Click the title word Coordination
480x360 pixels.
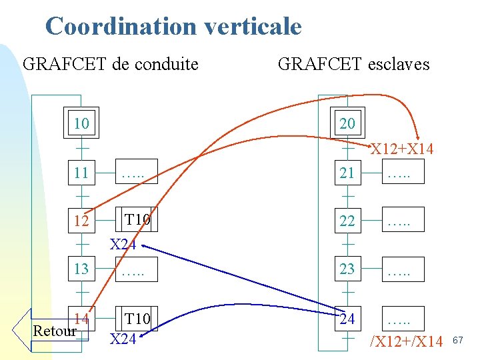click(x=121, y=27)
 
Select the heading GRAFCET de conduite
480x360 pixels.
click(x=111, y=65)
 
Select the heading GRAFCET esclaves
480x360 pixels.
click(x=353, y=65)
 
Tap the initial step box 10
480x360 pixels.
click(x=81, y=123)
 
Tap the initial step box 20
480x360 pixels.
click(x=347, y=123)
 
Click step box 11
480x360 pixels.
click(x=81, y=173)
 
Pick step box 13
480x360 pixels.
click(x=81, y=269)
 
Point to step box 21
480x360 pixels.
click(x=347, y=173)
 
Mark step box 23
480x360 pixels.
click(x=347, y=269)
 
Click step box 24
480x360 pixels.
click(x=347, y=319)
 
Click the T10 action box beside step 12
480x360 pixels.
click(x=137, y=220)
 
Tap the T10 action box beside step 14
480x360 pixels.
click(x=137, y=318)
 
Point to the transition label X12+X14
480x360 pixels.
click(x=402, y=149)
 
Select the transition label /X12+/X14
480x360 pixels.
click(x=407, y=342)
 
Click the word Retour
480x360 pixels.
click(x=55, y=331)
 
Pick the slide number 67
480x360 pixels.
click(x=457, y=341)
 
